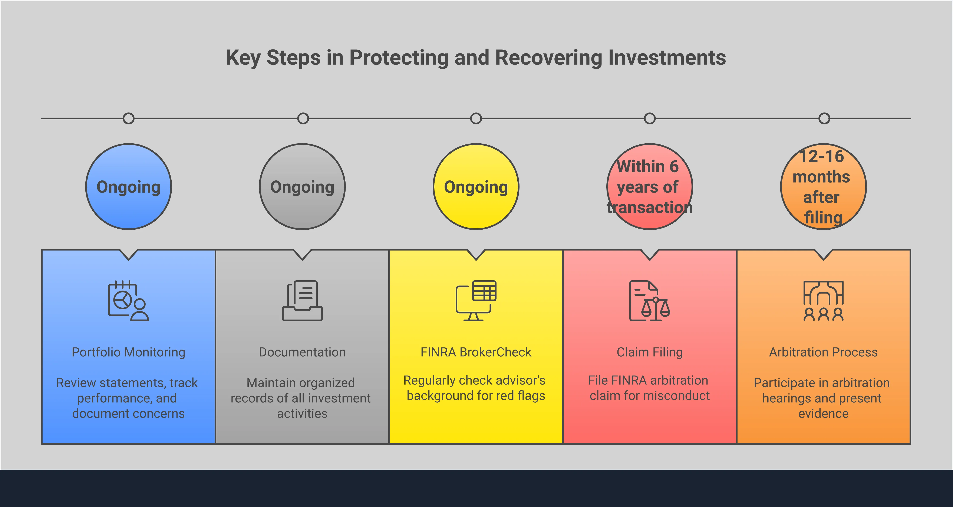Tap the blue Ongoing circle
click(128, 187)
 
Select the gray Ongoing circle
click(302, 187)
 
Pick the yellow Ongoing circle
click(476, 187)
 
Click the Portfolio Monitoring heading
click(128, 352)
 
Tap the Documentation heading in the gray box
click(302, 352)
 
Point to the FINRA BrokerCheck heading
click(476, 352)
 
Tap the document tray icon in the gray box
click(302, 301)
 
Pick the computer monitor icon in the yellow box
click(476, 301)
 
